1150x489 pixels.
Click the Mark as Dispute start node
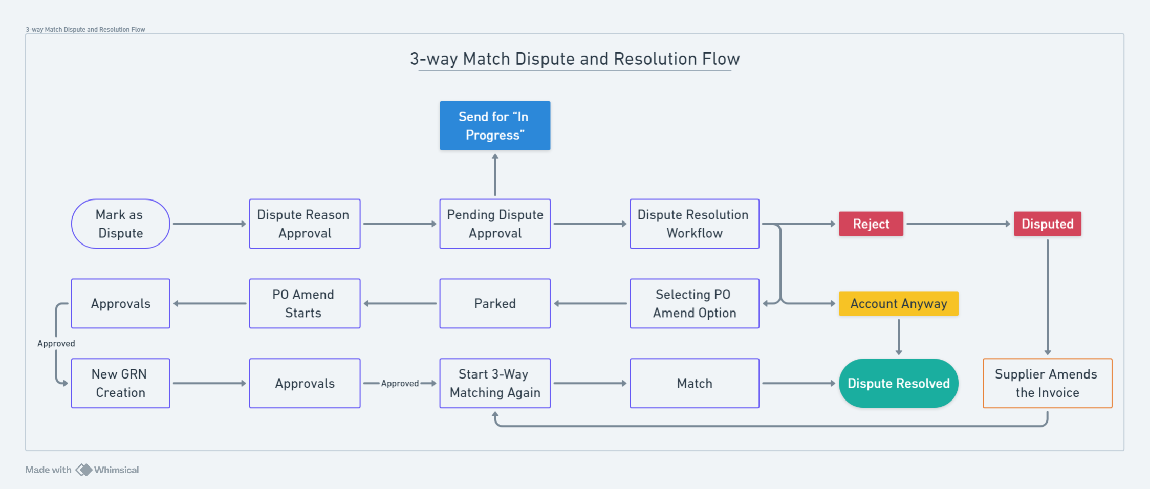coord(120,224)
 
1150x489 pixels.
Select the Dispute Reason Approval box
coord(305,224)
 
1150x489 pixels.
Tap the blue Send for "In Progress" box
coord(495,126)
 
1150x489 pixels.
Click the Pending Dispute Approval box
coord(495,224)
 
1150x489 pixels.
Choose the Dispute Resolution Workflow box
coord(694,224)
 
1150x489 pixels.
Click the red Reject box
coord(871,224)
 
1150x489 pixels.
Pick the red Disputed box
coord(1047,224)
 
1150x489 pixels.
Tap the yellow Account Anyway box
coord(898,304)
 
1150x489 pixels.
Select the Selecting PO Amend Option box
coord(694,304)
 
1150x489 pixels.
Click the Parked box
coord(495,304)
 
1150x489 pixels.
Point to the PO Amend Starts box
coord(305,304)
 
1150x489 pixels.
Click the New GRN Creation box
coord(120,384)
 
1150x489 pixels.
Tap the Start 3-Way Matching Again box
coord(495,384)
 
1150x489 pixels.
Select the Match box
coord(694,384)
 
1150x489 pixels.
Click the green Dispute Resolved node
coord(898,384)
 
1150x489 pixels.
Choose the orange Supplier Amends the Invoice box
coord(1047,384)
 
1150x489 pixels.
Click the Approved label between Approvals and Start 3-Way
coord(400,384)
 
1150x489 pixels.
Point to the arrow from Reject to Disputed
coord(957,224)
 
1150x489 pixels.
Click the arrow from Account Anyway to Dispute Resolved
coord(899,336)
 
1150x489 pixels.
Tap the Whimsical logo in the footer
coord(84,470)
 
